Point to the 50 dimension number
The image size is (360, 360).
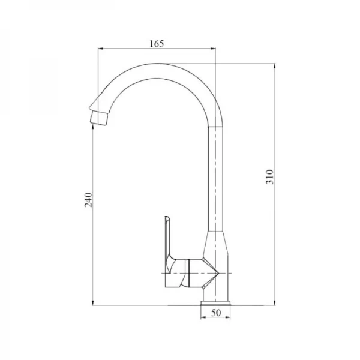coord(216,313)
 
